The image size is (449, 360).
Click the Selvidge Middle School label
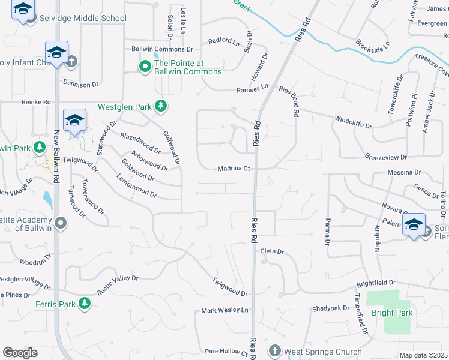(x=82, y=18)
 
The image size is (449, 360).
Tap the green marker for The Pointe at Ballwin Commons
(x=145, y=67)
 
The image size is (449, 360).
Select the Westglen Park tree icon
(x=160, y=107)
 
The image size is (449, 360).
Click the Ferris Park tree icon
(x=85, y=304)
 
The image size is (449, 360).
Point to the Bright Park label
(x=391, y=313)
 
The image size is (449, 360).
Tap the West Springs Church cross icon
(x=274, y=350)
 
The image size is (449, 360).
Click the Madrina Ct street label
(x=234, y=169)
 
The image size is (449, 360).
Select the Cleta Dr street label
(x=271, y=252)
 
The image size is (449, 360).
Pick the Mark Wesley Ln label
(x=224, y=310)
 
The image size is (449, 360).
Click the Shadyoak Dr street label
(x=330, y=309)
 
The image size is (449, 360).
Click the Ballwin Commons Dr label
(x=162, y=49)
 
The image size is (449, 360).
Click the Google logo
(x=20, y=352)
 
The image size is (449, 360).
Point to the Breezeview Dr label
(x=386, y=157)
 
